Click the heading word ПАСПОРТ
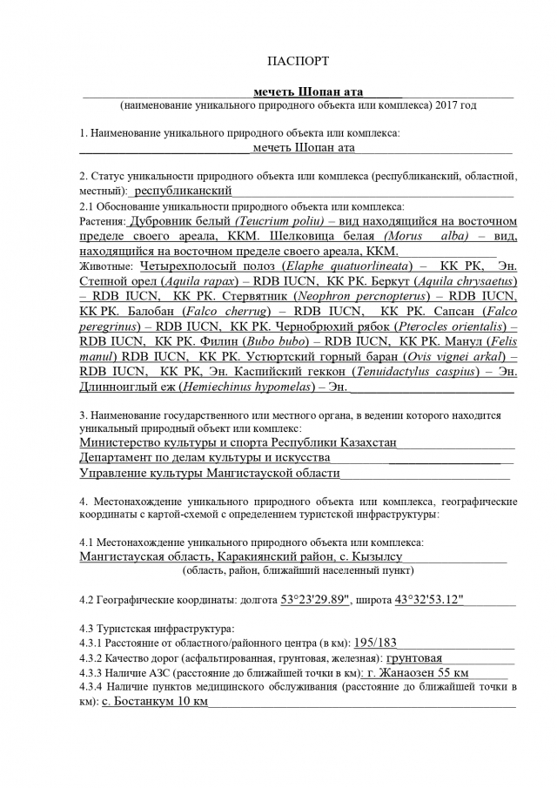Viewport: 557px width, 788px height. (298, 62)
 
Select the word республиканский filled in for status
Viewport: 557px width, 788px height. (183, 190)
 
